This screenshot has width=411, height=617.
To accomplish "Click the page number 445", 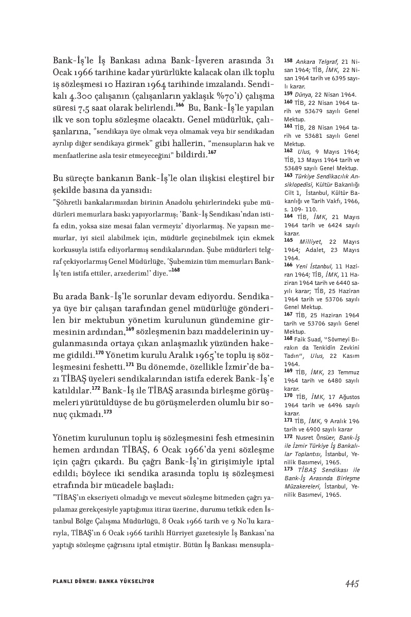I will (348, 583).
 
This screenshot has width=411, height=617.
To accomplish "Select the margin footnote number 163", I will (288, 175).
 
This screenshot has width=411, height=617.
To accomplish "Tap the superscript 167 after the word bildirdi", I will (212, 152).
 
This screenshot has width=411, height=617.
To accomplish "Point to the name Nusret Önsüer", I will (319, 436).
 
